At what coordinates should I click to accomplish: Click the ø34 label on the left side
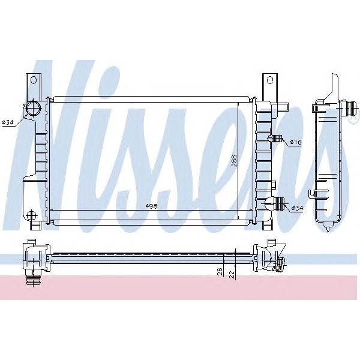point(8,122)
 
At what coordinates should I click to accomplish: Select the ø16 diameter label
point(295,142)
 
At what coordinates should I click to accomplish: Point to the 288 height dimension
point(235,161)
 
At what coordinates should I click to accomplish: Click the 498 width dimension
point(151,206)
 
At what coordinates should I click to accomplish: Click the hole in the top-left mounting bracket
point(33,79)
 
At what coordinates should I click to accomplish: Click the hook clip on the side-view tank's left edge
point(311,193)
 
